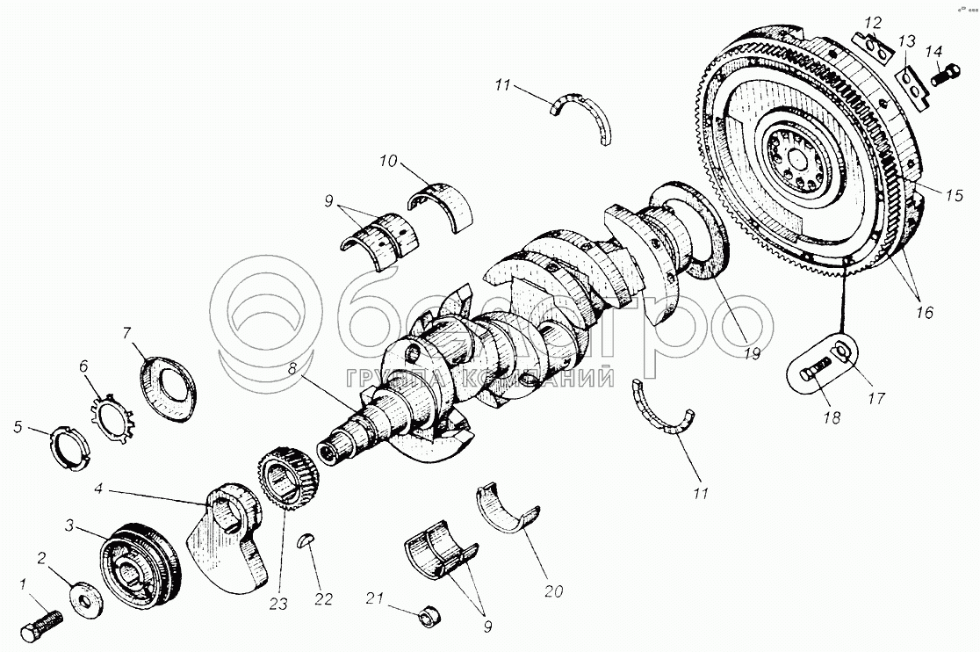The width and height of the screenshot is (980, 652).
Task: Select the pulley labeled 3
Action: click(x=139, y=569)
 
